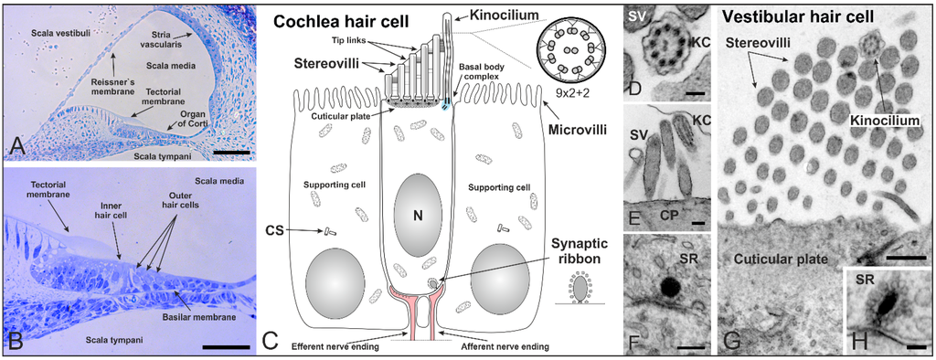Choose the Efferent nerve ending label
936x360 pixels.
336,347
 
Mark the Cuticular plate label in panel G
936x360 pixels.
784,261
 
